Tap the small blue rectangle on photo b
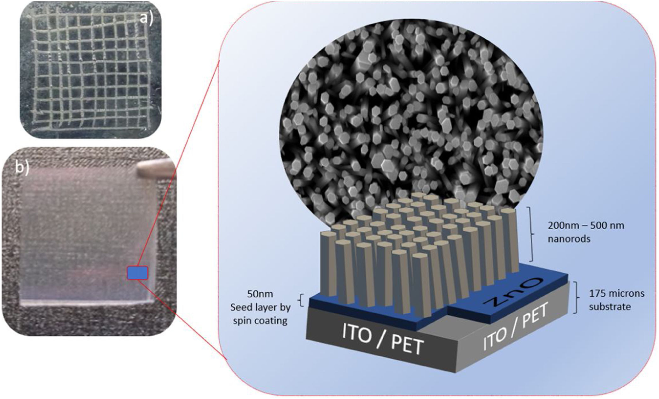(137, 273)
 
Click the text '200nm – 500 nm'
(586, 226)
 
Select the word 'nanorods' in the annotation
(569, 239)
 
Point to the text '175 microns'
(616, 294)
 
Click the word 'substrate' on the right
(610, 306)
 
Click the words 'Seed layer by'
(260, 307)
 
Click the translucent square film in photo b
(85, 236)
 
